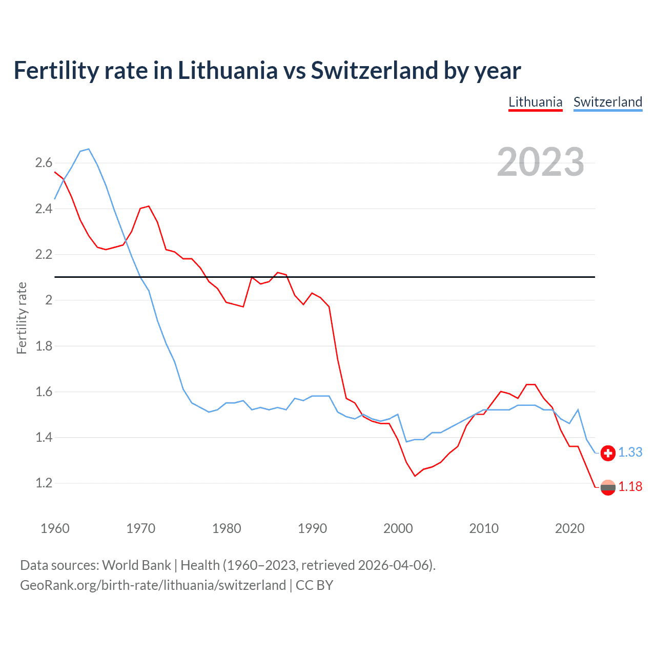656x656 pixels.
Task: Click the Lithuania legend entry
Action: coord(535,102)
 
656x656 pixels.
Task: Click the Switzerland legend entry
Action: coord(607,102)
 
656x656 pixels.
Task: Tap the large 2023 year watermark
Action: coord(540,162)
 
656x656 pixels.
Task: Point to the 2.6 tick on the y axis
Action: coord(44,163)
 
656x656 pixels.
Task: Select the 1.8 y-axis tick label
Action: coord(44,346)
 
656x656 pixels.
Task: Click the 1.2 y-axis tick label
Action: coord(44,483)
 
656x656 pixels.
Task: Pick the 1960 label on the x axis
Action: coord(55,528)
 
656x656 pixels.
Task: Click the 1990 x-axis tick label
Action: coord(312,528)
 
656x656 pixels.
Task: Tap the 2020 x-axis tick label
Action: coord(569,528)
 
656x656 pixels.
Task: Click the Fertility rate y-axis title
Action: coord(22,318)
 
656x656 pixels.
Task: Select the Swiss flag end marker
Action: coord(608,453)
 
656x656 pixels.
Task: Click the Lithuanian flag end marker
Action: coord(608,487)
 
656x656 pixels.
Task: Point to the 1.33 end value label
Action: coord(630,453)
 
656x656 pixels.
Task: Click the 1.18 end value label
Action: coord(630,487)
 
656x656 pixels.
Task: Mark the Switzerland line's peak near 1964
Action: coord(89,149)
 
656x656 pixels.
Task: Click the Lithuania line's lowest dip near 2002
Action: coord(415,476)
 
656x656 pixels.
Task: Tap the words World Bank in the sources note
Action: coord(136,565)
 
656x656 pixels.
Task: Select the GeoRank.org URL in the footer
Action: coord(153,585)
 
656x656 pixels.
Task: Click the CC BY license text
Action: coord(314,585)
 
